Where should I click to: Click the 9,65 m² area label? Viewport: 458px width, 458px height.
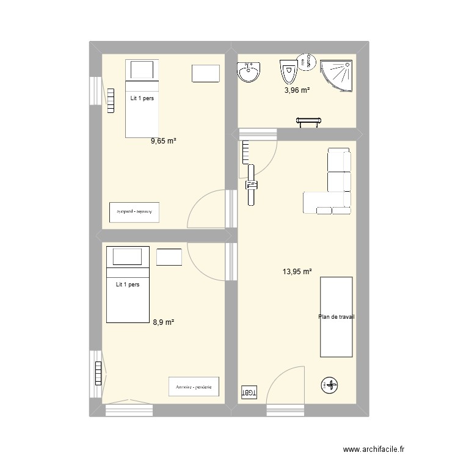[164, 141]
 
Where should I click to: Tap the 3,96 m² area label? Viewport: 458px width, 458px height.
[297, 90]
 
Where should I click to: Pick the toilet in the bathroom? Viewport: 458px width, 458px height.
[288, 73]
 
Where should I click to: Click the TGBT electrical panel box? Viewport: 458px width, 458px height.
[249, 391]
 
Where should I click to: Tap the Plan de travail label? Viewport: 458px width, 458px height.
[336, 317]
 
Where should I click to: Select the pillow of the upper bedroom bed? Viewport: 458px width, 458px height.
[142, 70]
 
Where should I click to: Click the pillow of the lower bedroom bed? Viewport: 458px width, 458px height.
[128, 257]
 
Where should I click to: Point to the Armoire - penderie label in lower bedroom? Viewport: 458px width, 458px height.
[194, 387]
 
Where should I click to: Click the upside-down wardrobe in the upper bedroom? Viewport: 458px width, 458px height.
[134, 211]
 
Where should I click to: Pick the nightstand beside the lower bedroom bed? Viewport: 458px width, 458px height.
[169, 257]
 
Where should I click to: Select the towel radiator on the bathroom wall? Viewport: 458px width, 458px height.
[308, 122]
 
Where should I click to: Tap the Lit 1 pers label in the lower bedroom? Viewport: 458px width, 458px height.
[128, 284]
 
